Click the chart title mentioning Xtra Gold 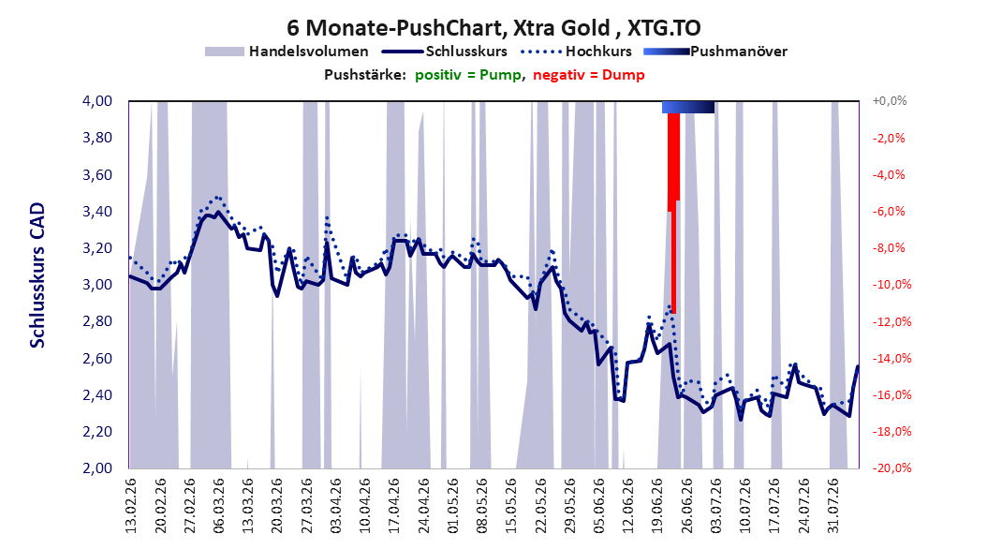click(x=493, y=28)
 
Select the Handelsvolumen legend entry click(x=287, y=52)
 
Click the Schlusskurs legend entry click(x=445, y=52)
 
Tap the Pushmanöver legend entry click(x=715, y=52)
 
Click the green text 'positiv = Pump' click(x=468, y=75)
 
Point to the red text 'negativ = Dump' click(x=589, y=75)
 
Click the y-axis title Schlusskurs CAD click(x=37, y=275)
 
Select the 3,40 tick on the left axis click(x=97, y=212)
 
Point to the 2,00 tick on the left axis click(x=97, y=468)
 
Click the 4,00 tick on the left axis click(x=97, y=101)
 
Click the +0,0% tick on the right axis click(x=890, y=101)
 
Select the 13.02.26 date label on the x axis click(x=131, y=506)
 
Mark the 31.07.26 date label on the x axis click(x=832, y=506)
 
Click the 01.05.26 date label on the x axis click(x=452, y=506)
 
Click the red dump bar click(x=673, y=213)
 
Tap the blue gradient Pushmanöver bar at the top click(x=688, y=107)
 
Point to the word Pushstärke click(x=365, y=75)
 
